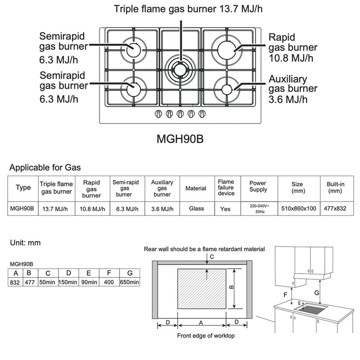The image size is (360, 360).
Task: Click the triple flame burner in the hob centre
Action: pyautogui.click(x=180, y=68)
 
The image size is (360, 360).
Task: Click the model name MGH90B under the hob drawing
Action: pyautogui.click(x=180, y=137)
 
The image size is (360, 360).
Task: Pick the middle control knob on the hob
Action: pyautogui.click(x=180, y=113)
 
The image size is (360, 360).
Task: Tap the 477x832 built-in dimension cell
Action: pyautogui.click(x=335, y=208)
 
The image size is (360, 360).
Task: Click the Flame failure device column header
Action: pyautogui.click(x=226, y=188)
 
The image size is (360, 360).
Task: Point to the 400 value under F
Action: pyautogui.click(x=108, y=282)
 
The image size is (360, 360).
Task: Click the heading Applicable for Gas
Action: pyautogui.click(x=45, y=168)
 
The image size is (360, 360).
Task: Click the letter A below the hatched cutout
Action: pyautogui.click(x=201, y=322)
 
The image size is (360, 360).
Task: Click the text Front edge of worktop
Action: pyautogui.click(x=206, y=336)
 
